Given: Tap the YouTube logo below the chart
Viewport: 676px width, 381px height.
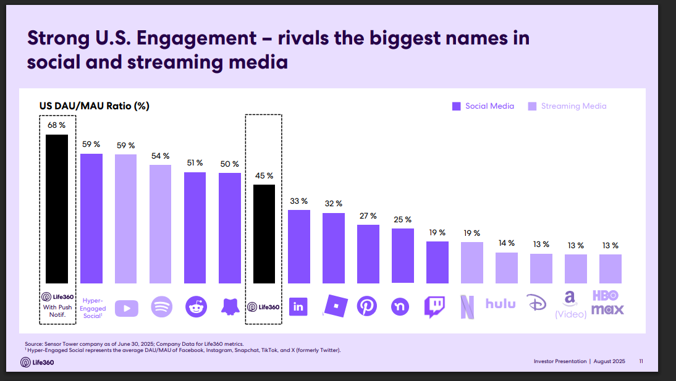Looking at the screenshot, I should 126,307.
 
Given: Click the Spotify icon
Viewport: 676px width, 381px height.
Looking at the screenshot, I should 161,307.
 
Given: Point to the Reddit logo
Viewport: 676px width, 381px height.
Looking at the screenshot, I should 196,307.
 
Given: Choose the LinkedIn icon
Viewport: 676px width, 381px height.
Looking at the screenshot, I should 298,306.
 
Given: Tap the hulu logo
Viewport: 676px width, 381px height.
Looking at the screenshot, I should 501,303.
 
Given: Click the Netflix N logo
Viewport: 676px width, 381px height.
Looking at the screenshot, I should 468,307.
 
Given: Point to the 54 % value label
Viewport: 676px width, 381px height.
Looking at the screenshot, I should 161,156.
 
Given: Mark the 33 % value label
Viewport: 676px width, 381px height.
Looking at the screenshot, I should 299,201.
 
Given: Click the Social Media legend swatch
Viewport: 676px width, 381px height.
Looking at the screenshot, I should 457,106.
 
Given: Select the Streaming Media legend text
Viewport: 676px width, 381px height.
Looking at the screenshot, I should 573,106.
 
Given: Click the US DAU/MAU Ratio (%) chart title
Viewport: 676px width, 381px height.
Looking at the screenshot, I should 95,106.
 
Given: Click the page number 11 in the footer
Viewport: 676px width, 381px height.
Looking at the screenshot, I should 641,361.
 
